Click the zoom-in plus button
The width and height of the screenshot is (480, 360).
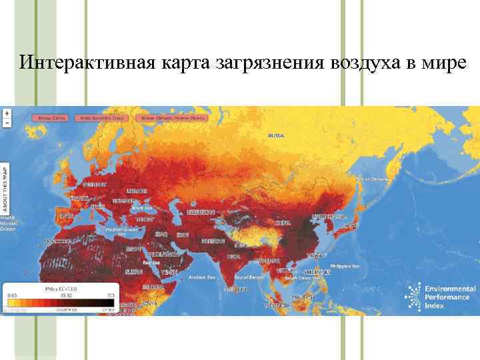point(7,113)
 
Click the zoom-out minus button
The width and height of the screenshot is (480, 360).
point(7,123)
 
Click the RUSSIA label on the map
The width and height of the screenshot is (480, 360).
point(276,135)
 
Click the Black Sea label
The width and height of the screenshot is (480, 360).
point(142,207)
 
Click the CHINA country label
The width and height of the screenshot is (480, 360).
point(283,222)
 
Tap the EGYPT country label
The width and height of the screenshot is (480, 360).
point(134,248)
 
